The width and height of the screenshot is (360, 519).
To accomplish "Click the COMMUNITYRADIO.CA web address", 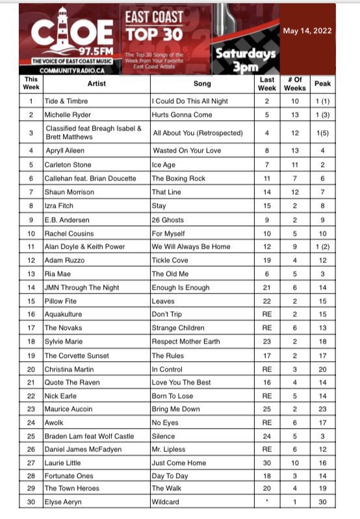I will (x=72, y=70).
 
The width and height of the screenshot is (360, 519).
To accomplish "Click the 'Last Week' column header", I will (x=266, y=83).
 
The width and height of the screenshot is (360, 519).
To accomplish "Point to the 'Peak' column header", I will (x=322, y=83).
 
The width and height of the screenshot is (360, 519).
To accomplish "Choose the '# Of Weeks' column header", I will (x=295, y=83).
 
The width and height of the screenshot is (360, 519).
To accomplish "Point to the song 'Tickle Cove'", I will (x=171, y=260).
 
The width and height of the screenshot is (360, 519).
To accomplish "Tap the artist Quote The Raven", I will (x=72, y=383).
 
